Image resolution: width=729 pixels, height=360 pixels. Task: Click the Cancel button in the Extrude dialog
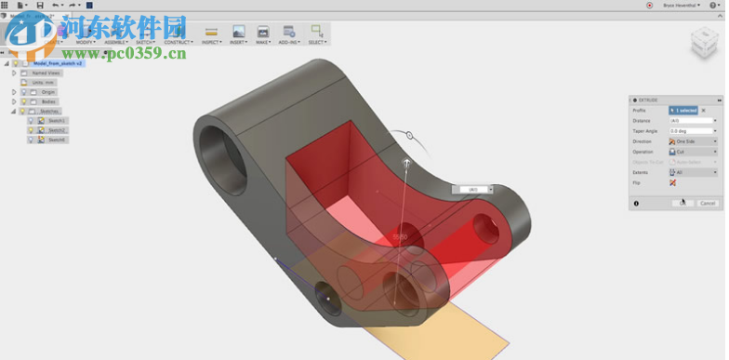(x=708, y=203)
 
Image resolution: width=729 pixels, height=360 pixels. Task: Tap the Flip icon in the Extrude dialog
(x=672, y=182)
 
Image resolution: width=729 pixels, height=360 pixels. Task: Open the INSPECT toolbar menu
(x=211, y=35)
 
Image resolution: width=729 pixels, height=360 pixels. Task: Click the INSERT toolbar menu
(x=239, y=35)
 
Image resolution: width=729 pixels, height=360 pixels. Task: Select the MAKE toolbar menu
(x=264, y=35)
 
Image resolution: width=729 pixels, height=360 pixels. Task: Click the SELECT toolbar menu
(x=318, y=35)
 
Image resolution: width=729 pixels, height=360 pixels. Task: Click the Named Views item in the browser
(x=46, y=73)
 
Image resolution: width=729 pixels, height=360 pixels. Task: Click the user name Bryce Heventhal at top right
(x=682, y=5)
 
